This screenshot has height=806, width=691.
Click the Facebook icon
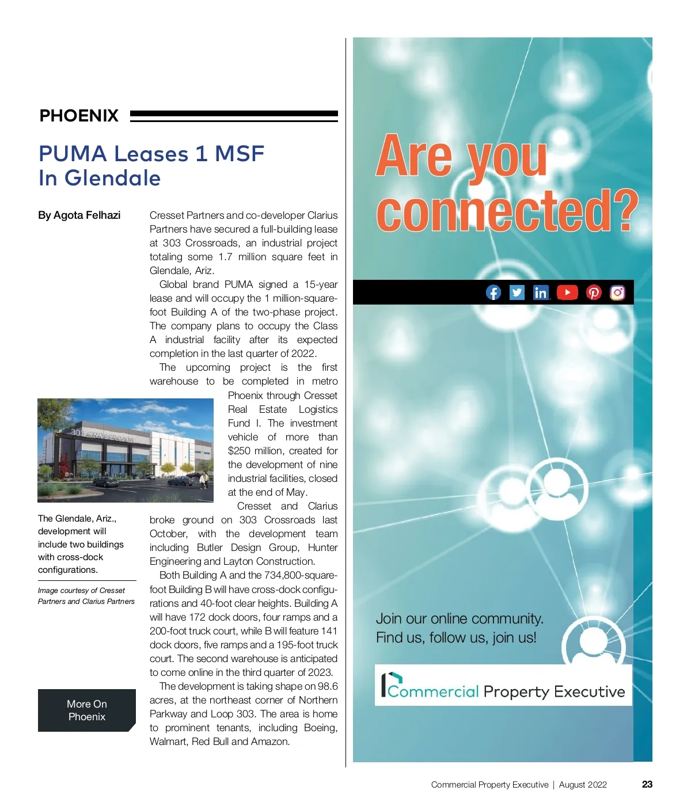point(493,292)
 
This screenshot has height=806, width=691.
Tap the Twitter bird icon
point(517,292)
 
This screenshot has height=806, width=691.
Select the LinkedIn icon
point(541,292)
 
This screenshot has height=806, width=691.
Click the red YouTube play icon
point(567,292)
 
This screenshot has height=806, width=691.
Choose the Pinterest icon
point(594,292)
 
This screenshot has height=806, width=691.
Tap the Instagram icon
point(617,292)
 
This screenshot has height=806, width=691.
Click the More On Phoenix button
point(87,710)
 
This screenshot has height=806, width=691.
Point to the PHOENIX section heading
point(79,116)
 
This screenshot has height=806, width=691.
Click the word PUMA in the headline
point(73,154)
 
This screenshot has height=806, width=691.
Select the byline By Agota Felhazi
point(79,215)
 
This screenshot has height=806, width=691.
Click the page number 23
point(647,784)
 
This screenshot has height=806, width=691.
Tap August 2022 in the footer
point(583,785)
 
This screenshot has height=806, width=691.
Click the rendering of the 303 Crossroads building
point(126,450)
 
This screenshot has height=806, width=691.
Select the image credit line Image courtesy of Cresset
point(81,591)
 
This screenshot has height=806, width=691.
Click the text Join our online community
point(460,619)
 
